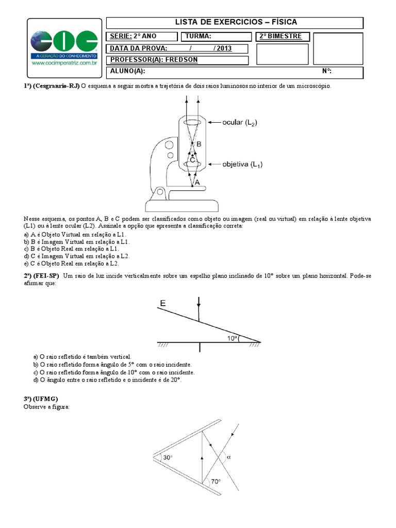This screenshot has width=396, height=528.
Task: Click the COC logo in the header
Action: click(x=64, y=41)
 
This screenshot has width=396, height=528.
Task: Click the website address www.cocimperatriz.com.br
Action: click(x=64, y=63)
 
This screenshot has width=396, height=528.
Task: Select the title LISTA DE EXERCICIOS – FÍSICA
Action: click(x=236, y=22)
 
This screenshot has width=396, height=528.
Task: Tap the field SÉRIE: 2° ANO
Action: click(x=133, y=36)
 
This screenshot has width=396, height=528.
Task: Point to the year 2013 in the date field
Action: click(x=224, y=48)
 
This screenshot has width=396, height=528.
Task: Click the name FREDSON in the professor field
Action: click(x=180, y=60)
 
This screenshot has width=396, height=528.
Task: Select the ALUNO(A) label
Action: click(x=127, y=71)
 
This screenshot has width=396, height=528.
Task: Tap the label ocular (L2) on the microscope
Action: click(x=240, y=122)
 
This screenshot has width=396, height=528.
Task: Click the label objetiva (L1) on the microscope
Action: click(x=242, y=164)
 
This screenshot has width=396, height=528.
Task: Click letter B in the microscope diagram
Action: click(x=199, y=145)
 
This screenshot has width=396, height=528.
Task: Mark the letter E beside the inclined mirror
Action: click(x=163, y=304)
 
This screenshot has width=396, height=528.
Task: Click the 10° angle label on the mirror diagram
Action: click(x=233, y=338)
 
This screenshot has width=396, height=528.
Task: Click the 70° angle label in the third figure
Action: click(x=215, y=482)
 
